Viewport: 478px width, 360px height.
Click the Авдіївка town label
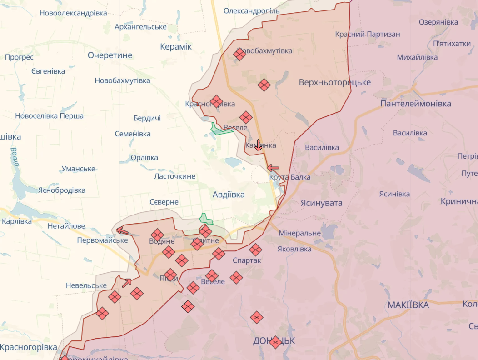[229, 195]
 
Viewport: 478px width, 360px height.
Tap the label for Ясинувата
[321, 203]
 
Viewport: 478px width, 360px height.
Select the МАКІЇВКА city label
[408, 305]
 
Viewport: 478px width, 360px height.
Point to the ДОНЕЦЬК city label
[274, 341]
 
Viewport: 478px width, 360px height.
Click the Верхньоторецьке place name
[335, 82]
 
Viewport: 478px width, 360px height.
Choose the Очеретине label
[110, 55]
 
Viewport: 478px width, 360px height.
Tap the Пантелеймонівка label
[416, 104]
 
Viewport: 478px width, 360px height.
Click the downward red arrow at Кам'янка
[258, 145]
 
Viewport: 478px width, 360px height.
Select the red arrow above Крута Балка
[273, 168]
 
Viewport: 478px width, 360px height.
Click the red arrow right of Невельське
[127, 282]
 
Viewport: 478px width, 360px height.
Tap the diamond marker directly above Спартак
[255, 249]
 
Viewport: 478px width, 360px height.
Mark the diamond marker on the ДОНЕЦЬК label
[275, 342]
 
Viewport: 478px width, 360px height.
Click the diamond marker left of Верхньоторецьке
[264, 85]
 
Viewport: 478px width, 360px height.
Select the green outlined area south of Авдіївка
[206, 219]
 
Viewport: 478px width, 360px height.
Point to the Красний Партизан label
[368, 34]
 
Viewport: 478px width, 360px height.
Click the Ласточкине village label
[175, 176]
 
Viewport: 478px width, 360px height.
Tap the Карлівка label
[17, 221]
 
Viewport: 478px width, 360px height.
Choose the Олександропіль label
[252, 10]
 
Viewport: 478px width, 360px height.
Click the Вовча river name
[15, 156]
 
